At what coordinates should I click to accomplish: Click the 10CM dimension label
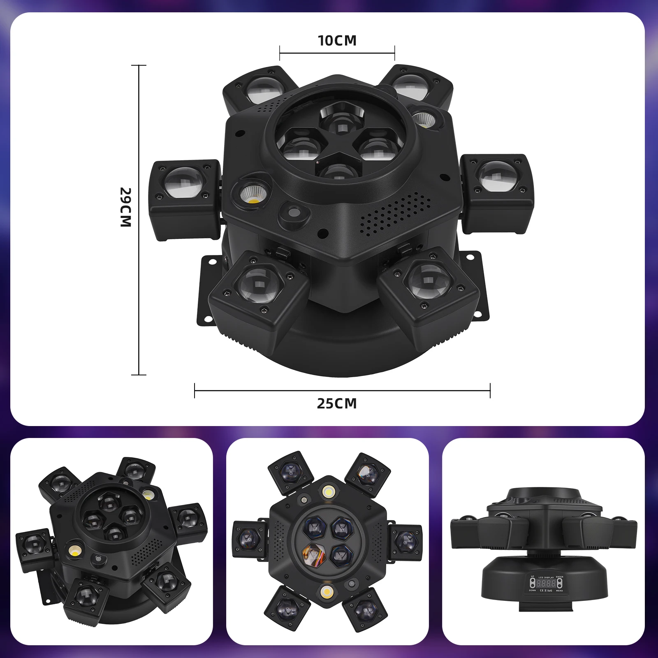click(x=337, y=40)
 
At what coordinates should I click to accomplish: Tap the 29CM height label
click(x=125, y=207)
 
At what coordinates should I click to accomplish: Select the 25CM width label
click(x=337, y=403)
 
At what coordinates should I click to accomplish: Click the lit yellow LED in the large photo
click(x=251, y=194)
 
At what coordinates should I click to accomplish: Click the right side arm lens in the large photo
click(x=498, y=176)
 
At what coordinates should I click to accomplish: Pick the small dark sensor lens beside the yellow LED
click(x=294, y=213)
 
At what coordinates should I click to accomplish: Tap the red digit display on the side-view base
click(x=545, y=583)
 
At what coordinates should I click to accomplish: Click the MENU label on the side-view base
click(x=559, y=591)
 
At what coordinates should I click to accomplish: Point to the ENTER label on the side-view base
click(x=559, y=577)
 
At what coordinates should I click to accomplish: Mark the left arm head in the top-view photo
click(x=248, y=538)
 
